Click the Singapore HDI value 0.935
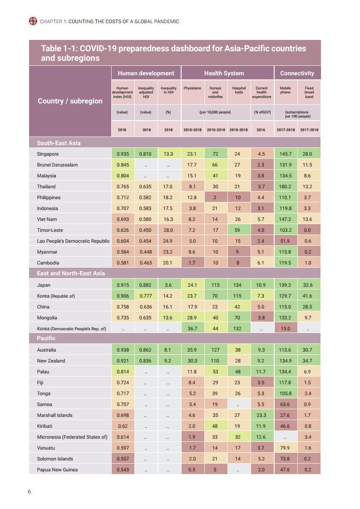point(122,154)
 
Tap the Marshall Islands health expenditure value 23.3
point(261,415)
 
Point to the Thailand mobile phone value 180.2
point(286,186)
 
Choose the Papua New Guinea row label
point(57,470)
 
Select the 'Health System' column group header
point(224,73)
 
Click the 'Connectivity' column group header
point(297,73)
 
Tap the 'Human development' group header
point(146,73)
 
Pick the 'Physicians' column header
point(192,88)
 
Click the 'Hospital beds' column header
point(239,90)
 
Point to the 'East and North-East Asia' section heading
point(71,273)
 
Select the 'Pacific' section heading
point(46,338)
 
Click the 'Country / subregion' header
point(70,101)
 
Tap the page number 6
point(30,492)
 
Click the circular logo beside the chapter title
point(33,21)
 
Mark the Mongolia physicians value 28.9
point(192,318)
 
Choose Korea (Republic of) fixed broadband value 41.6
point(309,296)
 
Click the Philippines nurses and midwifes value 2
point(215,197)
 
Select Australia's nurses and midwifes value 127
point(215,350)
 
